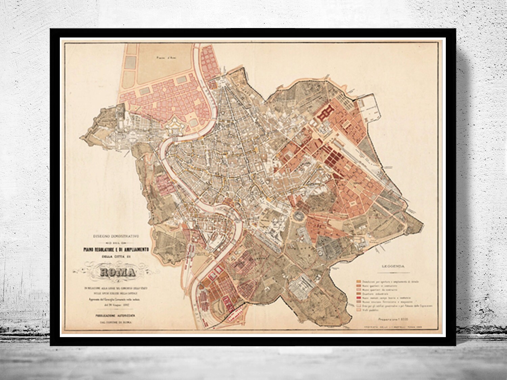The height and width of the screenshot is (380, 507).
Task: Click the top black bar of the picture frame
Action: coord(254,33)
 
